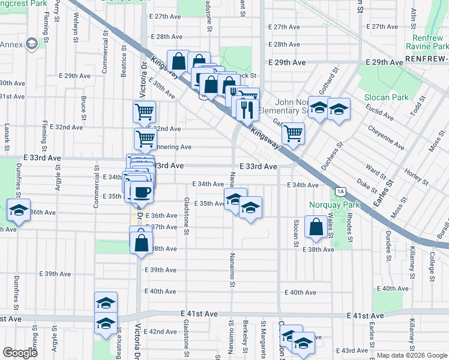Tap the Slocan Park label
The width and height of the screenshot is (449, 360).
pyautogui.click(x=386, y=97)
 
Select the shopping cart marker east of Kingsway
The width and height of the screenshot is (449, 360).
pyautogui.click(x=293, y=134)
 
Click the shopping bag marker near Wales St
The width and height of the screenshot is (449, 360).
pyautogui.click(x=316, y=227)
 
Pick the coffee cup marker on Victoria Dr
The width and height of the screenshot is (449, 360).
pyautogui.click(x=141, y=193)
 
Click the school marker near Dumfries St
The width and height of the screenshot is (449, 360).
pyautogui.click(x=19, y=211)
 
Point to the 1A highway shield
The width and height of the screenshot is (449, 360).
pyautogui.click(x=341, y=191)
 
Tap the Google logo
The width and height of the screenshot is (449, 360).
pyautogui.click(x=20, y=353)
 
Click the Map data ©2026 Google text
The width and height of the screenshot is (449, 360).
pyautogui.click(x=412, y=355)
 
